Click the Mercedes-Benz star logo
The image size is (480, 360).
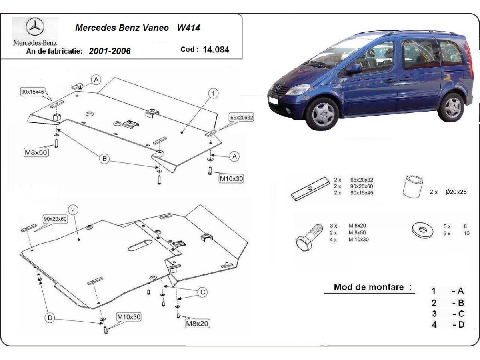(x=35, y=28)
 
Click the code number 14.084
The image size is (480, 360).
(x=216, y=50)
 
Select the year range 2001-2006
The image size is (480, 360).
(x=110, y=51)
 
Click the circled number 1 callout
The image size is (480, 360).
(x=214, y=93)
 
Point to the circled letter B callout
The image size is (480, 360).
(x=104, y=159)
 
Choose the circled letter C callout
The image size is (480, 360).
(x=203, y=292)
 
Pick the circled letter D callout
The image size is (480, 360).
(x=50, y=318)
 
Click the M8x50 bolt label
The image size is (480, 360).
(x=36, y=152)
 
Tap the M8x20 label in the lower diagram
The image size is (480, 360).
(x=197, y=323)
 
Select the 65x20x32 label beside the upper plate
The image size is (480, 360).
(x=242, y=117)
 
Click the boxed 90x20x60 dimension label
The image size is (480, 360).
(x=55, y=219)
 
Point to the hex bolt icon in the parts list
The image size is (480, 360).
(x=309, y=237)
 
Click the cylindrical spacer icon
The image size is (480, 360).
(x=413, y=186)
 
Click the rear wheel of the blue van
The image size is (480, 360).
(x=451, y=107)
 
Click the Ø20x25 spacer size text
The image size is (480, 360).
(x=456, y=192)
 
